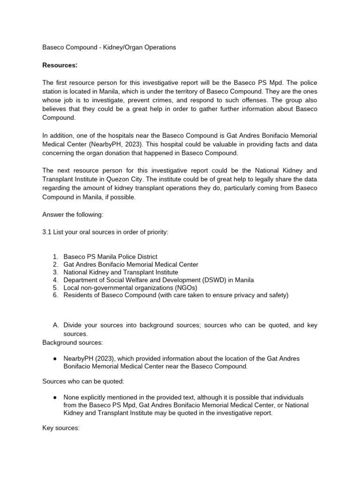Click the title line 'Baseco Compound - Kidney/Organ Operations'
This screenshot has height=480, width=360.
(109, 47)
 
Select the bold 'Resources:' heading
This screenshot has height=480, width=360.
(60, 65)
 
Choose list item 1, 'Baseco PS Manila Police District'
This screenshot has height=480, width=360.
(110, 257)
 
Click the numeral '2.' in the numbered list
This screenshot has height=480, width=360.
(55, 264)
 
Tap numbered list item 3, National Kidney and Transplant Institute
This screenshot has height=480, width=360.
(120, 272)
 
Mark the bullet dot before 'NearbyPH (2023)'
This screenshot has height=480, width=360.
(55, 359)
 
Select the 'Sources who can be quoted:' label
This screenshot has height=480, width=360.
(82, 382)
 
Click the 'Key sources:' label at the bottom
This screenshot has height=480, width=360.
(61, 428)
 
